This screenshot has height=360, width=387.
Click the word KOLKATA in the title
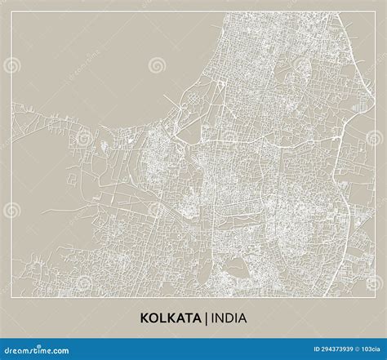pos(171,318)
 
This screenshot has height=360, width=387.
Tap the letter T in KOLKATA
pos(187,318)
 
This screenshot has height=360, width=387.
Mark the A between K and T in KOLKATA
pos(179,318)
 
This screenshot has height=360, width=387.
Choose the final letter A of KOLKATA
pos(195,318)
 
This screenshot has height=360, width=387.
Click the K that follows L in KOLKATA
pos(171,318)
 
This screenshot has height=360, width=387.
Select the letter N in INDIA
pos(219,318)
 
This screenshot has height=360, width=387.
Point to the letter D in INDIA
pos(229,318)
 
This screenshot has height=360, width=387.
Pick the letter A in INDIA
pos(242,318)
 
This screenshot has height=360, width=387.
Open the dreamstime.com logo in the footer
pos(37,349)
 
